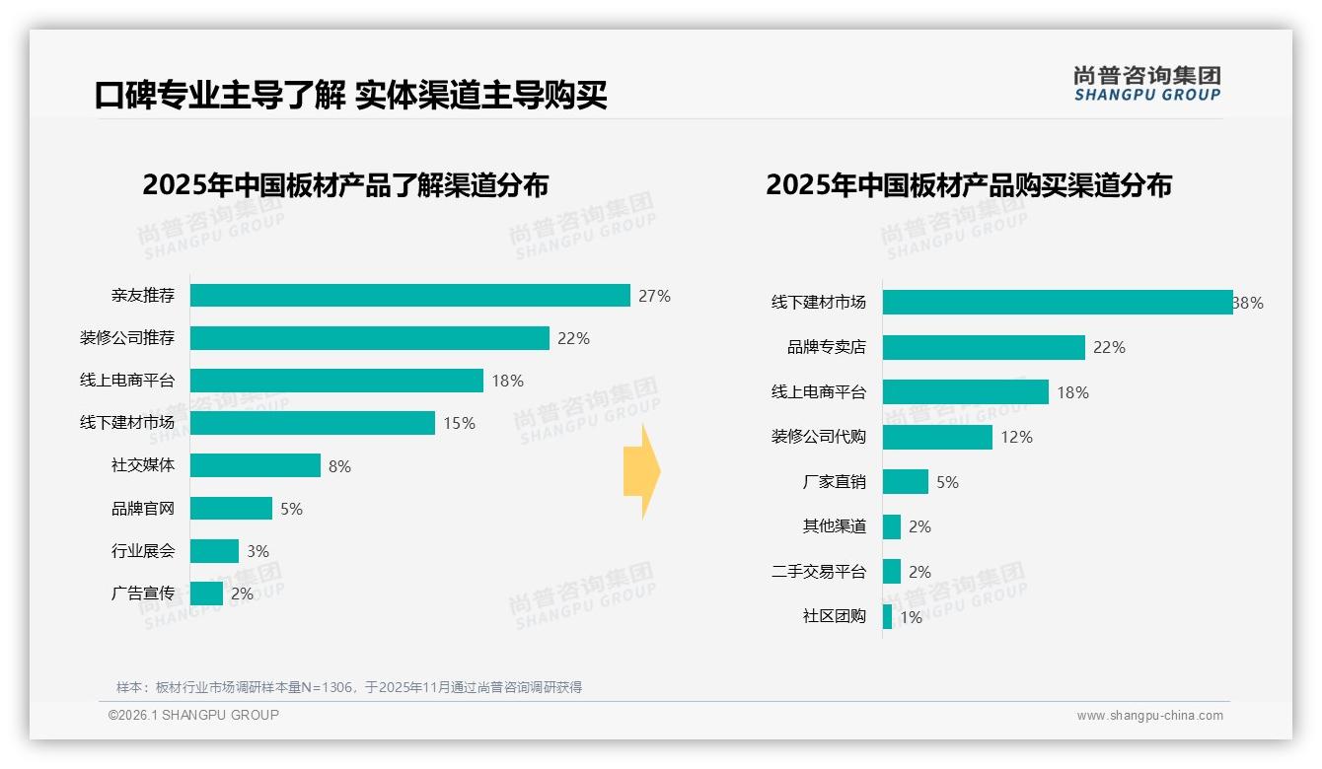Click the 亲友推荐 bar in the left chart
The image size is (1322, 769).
click(409, 296)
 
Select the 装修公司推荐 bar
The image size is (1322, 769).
click(369, 338)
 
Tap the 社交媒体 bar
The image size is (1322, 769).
click(255, 465)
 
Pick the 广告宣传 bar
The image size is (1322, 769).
click(206, 594)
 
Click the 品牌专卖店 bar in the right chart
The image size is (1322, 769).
click(984, 347)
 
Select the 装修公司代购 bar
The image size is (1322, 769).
click(937, 437)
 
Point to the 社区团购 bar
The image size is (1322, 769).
click(888, 617)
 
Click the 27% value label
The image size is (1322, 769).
click(654, 296)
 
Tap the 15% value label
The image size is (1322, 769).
click(459, 423)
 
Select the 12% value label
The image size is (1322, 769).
click(1016, 437)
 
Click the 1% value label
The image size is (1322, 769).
click(911, 618)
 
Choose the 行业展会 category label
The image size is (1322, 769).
click(142, 551)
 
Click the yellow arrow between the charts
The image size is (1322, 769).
click(641, 472)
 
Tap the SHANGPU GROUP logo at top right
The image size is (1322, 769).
click(1146, 84)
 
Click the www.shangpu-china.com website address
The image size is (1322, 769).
click(1149, 716)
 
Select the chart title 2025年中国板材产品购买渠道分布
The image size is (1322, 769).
click(968, 185)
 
